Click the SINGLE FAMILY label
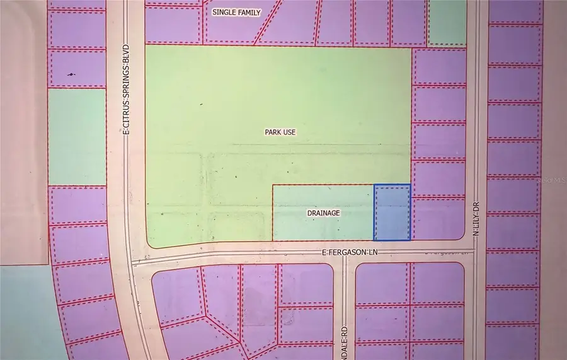tap(236, 13)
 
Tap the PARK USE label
tap(280, 132)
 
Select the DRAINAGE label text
tap(323, 213)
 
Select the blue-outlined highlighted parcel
tap(392, 212)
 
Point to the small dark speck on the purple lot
tap(71, 74)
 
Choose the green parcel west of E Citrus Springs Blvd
tap(77, 137)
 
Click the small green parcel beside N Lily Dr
tap(447, 22)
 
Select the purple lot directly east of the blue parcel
tap(438, 218)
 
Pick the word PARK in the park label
tap(271, 132)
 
